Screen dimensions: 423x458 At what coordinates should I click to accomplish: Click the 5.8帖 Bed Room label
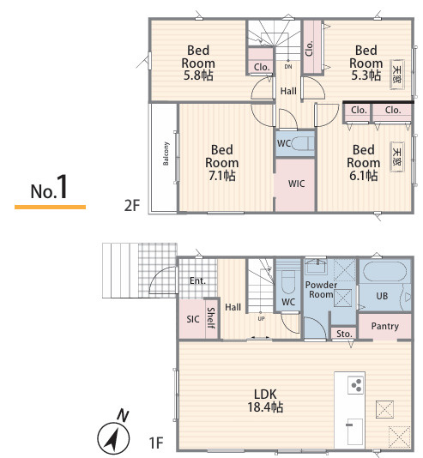tap(198, 63)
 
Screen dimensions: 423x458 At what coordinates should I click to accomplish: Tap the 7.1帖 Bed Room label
tap(222, 162)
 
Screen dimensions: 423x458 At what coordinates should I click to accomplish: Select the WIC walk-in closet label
tap(296, 184)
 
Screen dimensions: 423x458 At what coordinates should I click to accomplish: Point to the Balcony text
tap(166, 154)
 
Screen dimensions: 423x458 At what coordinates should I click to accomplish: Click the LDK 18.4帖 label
tap(265, 401)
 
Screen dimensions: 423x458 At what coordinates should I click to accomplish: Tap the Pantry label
tap(385, 326)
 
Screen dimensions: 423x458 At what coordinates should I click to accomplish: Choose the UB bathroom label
tap(382, 296)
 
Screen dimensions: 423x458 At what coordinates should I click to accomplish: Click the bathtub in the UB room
tap(384, 272)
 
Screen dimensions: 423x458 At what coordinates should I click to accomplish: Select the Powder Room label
tap(321, 289)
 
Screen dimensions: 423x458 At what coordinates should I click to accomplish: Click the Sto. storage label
tap(344, 334)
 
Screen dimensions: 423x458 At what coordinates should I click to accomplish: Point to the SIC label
tap(193, 319)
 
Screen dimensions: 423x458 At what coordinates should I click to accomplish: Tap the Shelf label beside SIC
tap(211, 318)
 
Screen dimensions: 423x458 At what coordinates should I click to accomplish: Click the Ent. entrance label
tap(197, 281)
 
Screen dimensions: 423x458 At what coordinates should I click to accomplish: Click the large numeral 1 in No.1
tap(63, 187)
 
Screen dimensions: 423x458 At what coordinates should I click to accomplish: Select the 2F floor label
tap(132, 205)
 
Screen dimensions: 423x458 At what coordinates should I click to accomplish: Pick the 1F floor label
tap(156, 443)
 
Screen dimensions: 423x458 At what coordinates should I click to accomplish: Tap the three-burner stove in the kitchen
tap(355, 385)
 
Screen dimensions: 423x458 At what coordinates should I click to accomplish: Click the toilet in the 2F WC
tap(302, 143)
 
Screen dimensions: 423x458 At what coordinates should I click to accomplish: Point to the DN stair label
tap(288, 67)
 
